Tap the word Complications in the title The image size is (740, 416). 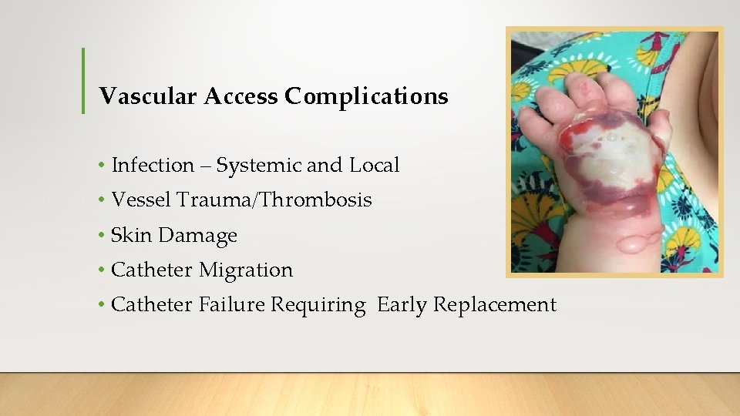tap(366, 96)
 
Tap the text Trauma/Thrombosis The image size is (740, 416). tap(274, 200)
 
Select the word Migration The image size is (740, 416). tap(246, 270)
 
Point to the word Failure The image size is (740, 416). tap(231, 305)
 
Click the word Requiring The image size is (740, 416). tap(318, 305)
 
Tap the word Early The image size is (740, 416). tap(402, 305)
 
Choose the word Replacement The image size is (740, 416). tap(494, 305)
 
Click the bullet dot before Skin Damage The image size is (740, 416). tap(102, 236)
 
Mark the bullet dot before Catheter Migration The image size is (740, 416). tap(102, 270)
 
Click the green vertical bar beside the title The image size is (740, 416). tap(83, 81)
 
